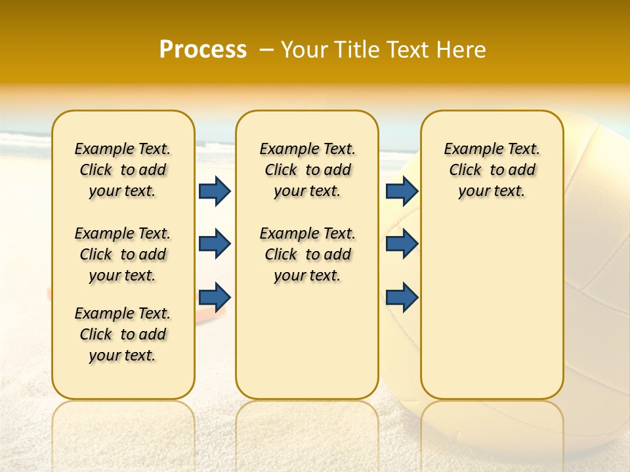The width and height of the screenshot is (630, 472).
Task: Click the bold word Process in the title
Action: click(x=203, y=50)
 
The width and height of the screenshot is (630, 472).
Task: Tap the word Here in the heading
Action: click(x=461, y=50)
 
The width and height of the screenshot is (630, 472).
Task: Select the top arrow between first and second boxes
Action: click(x=215, y=191)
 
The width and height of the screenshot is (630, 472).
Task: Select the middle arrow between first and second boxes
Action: click(x=215, y=244)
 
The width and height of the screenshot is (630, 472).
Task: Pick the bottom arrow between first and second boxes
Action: click(x=215, y=297)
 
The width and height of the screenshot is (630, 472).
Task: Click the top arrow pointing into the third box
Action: click(x=402, y=191)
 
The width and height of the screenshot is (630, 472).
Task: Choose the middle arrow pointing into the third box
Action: click(x=402, y=244)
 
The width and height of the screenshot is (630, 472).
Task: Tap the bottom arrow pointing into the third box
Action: click(x=402, y=297)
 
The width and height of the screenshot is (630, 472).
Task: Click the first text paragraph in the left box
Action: click(x=123, y=170)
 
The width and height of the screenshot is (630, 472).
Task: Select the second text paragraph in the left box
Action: click(x=123, y=254)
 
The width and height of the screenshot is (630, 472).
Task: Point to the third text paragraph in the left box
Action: click(x=123, y=334)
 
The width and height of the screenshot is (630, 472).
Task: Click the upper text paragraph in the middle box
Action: click(x=307, y=170)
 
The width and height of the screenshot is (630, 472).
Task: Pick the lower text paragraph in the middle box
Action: click(x=307, y=254)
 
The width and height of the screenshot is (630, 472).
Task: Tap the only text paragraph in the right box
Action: click(x=492, y=170)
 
